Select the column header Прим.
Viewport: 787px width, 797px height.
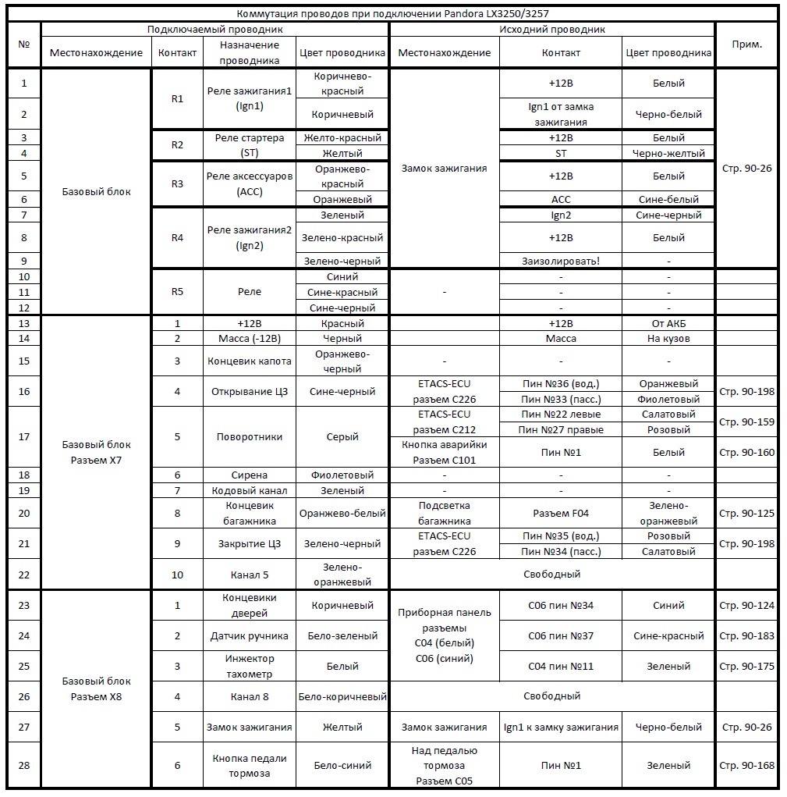pos(746,44)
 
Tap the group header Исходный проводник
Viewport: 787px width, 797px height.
pos(551,29)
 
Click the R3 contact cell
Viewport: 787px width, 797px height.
pos(177,183)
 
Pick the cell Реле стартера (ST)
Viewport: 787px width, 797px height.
pos(250,145)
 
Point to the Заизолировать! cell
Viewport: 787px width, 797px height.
pos(561,261)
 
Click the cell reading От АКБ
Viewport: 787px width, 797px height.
pos(668,323)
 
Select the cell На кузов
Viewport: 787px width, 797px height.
pos(668,339)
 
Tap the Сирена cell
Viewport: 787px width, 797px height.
pos(250,475)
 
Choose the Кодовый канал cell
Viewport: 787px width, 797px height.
pos(250,490)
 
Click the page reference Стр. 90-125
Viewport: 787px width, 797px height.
pos(746,513)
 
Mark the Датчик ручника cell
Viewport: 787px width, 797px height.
pos(250,635)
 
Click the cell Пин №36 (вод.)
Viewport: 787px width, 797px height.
pos(561,383)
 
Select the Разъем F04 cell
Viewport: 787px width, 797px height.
pos(561,513)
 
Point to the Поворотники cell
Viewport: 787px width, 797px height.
pos(250,437)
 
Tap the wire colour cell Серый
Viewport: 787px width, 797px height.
pos(342,437)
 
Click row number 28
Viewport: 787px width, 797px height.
pos(24,765)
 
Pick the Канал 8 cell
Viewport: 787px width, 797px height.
pos(250,696)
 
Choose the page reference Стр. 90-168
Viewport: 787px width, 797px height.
pos(746,765)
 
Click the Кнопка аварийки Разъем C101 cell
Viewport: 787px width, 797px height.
pos(445,452)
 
